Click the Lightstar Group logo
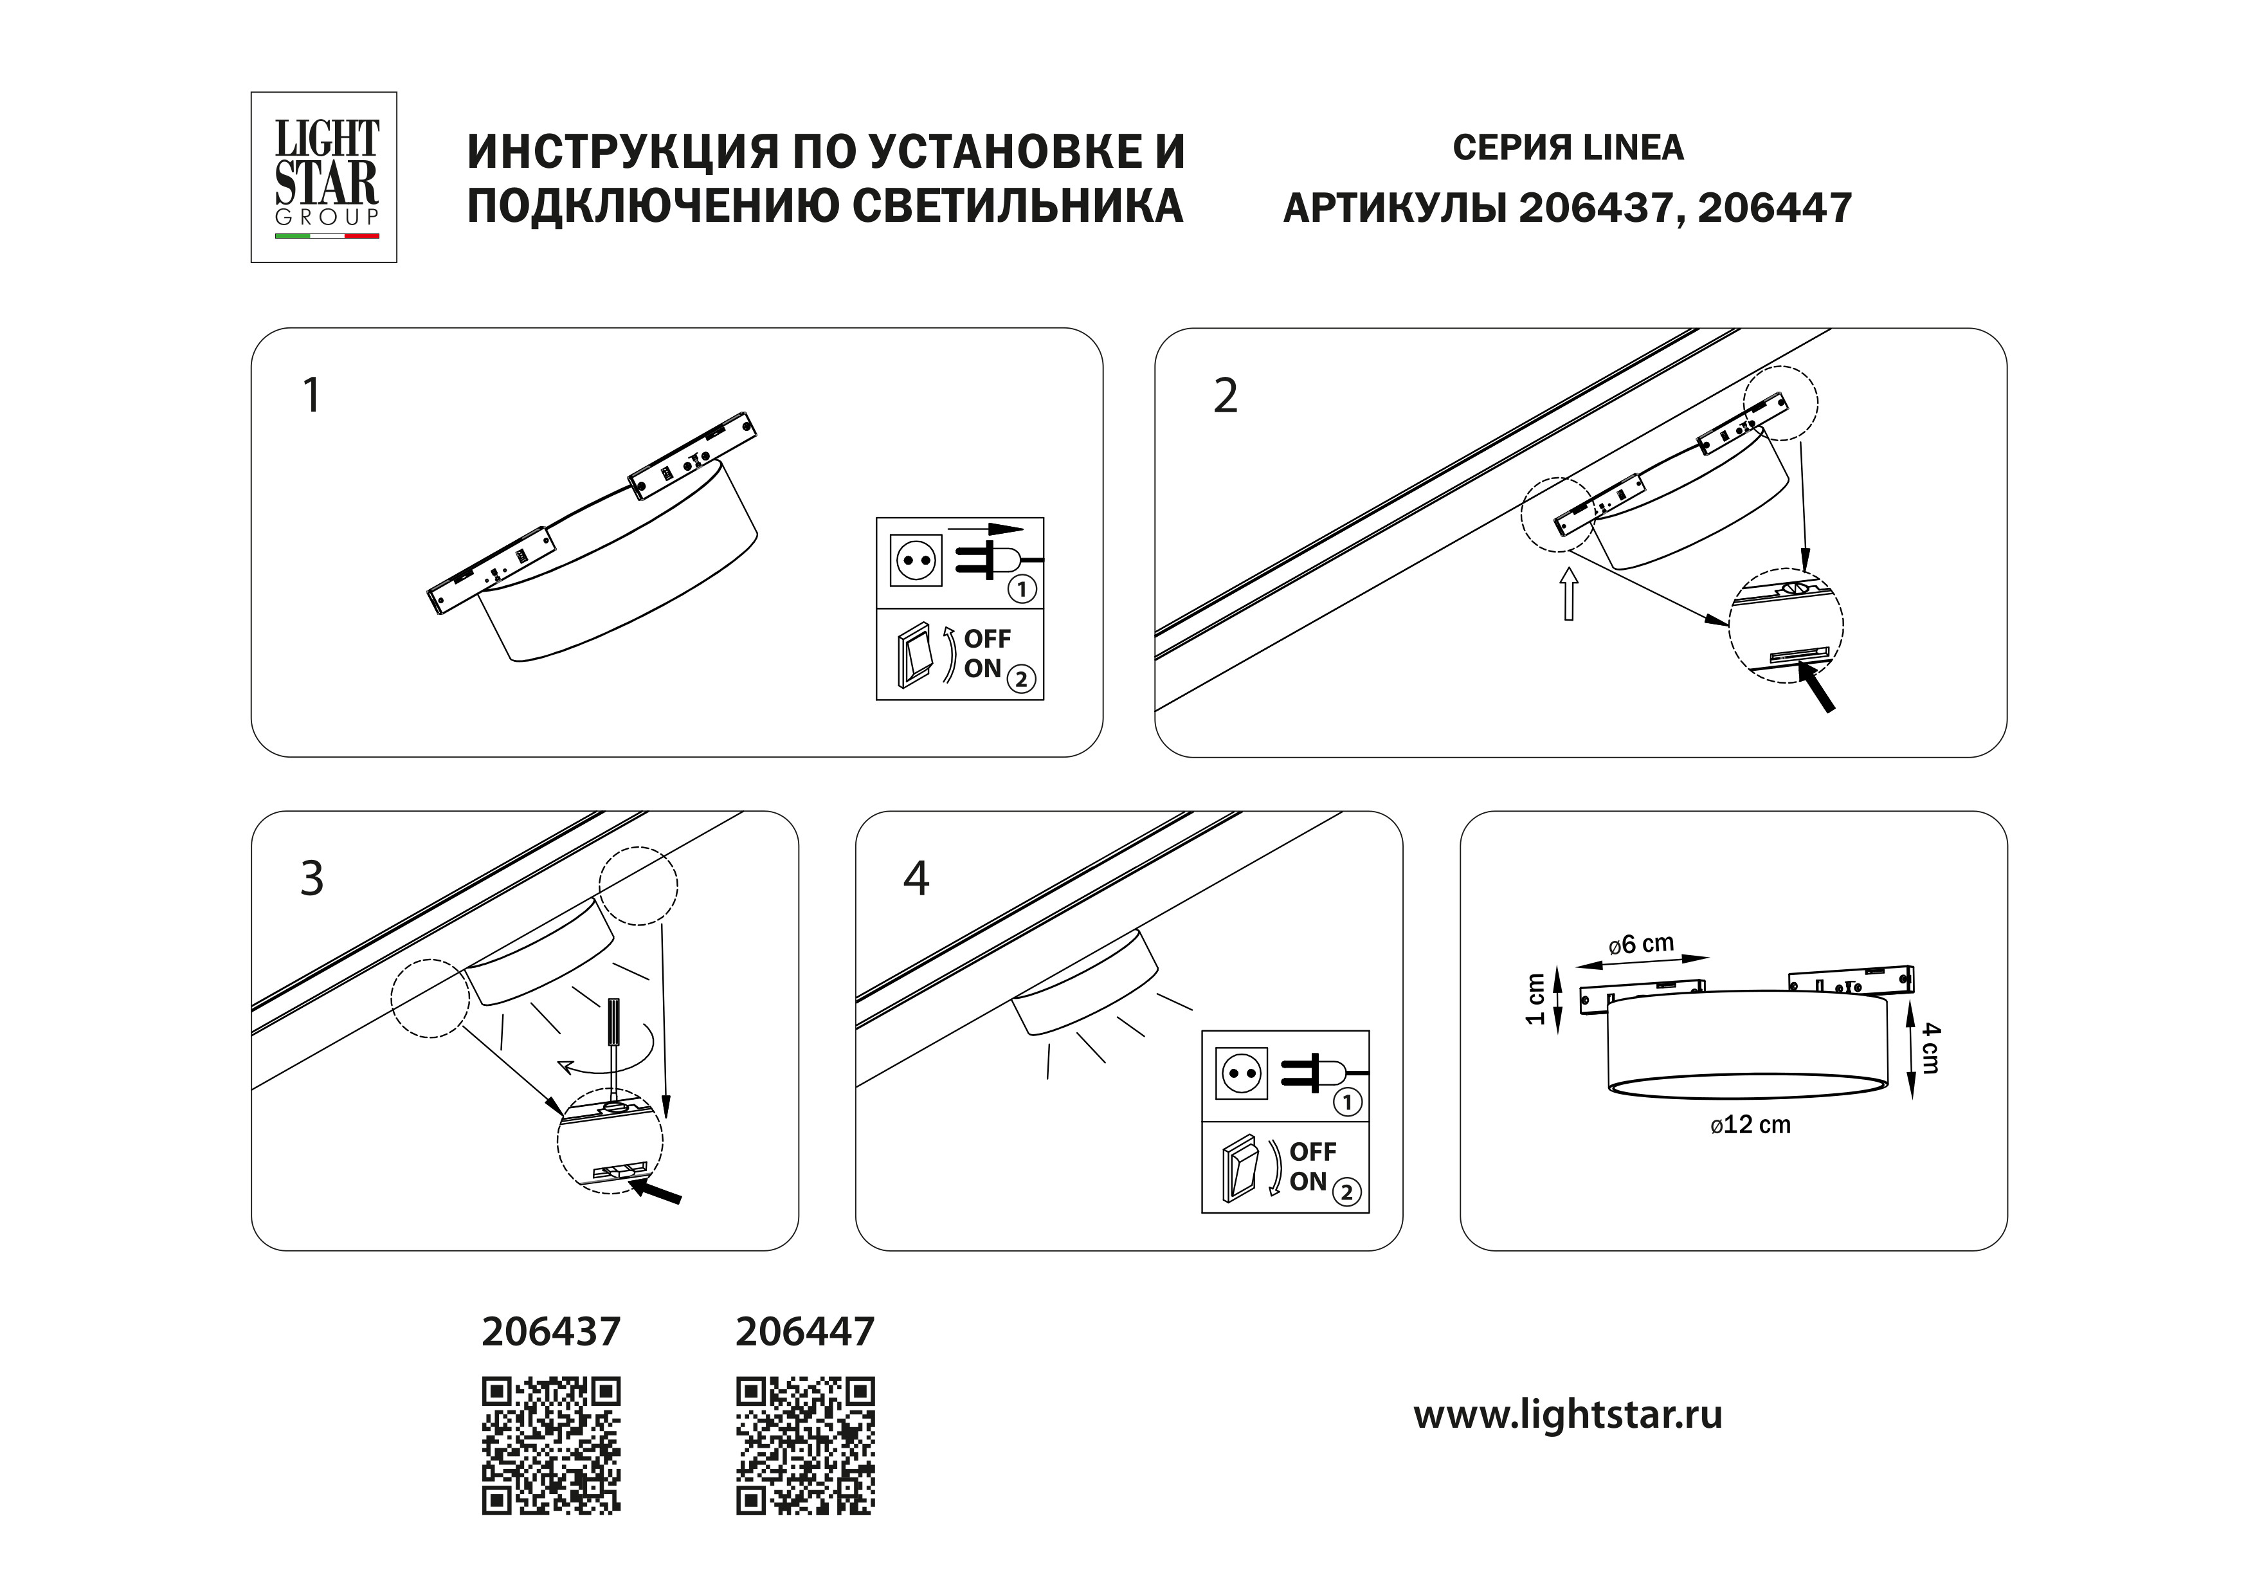324,177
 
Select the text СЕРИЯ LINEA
1568,147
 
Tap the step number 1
311,397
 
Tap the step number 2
1225,397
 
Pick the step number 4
916,879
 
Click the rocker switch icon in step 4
1240,1168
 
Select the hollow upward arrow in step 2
1568,593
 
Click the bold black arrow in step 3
655,1192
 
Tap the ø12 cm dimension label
1750,1126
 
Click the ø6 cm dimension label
1641,945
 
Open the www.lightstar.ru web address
1568,1416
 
